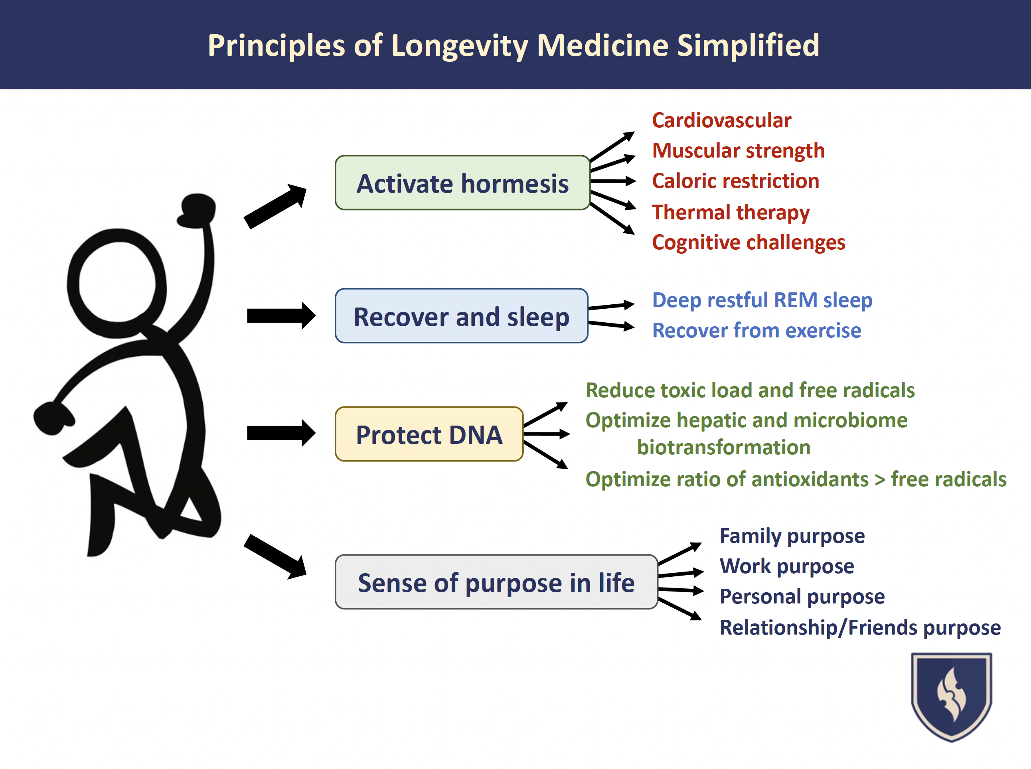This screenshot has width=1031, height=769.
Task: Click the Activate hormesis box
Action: [462, 183]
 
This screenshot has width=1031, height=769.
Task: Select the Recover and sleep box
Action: [461, 316]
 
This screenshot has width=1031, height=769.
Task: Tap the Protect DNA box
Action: [429, 434]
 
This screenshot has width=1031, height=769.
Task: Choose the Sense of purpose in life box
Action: [496, 582]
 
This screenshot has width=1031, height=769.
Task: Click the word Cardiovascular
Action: [721, 120]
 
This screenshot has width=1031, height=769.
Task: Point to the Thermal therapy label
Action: [731, 212]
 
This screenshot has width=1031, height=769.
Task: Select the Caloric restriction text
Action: [735, 181]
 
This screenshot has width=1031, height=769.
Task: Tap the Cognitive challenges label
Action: [749, 243]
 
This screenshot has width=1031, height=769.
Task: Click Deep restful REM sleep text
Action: [762, 300]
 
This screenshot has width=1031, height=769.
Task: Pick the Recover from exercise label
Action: [756, 331]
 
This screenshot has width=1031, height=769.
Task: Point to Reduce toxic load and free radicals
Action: [750, 390]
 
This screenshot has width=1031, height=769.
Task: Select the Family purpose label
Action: [792, 536]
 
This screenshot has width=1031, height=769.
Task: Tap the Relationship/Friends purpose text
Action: [860, 627]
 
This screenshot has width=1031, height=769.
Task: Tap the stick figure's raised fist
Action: [198, 211]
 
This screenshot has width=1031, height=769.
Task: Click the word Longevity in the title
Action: [460, 45]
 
